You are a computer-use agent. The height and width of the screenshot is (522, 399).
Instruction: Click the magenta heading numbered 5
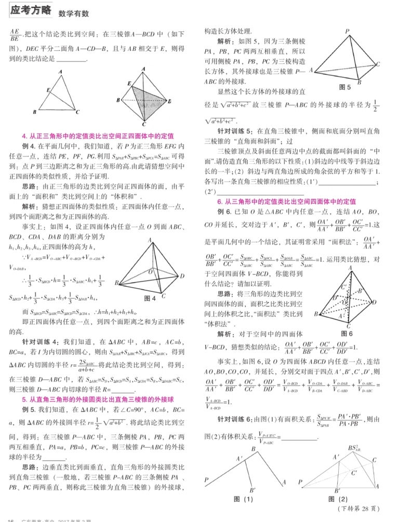(98, 399)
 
